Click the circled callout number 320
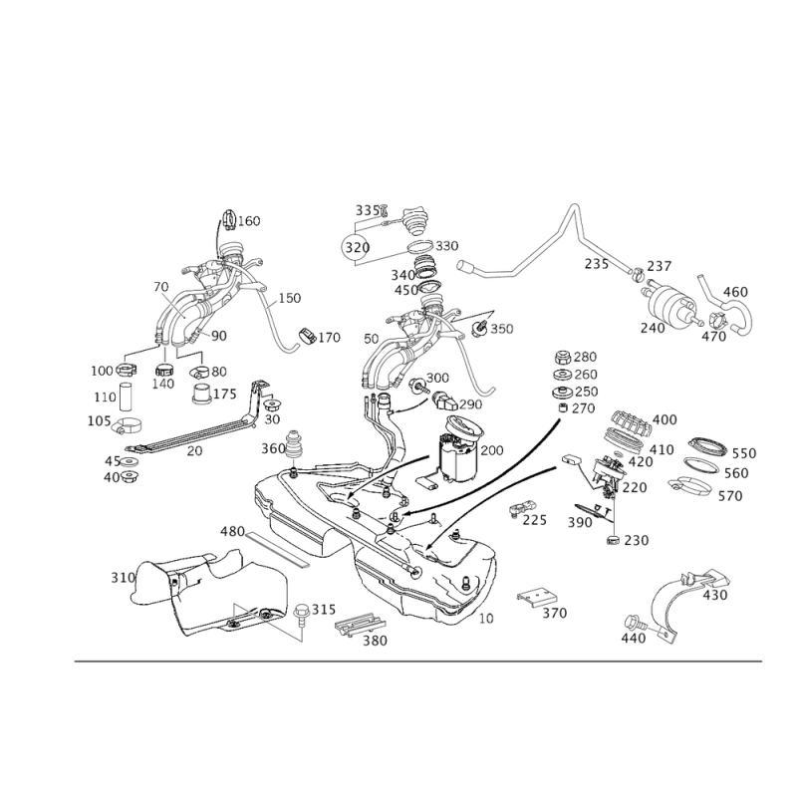click(x=357, y=247)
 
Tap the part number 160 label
click(x=249, y=221)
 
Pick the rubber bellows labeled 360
click(x=295, y=446)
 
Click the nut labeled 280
click(x=562, y=357)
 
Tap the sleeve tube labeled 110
click(x=126, y=397)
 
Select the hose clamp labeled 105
click(x=127, y=425)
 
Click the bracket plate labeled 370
click(x=537, y=597)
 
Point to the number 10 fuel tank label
click(x=486, y=619)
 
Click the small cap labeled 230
click(x=614, y=540)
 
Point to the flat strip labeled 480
click(x=278, y=549)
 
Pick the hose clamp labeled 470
click(x=717, y=320)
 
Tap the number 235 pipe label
click(x=596, y=264)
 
